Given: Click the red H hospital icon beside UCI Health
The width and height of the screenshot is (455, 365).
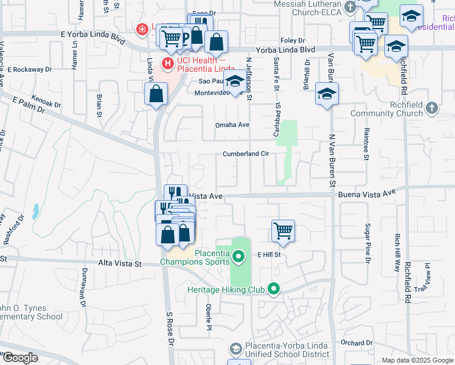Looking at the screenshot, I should click(167, 62).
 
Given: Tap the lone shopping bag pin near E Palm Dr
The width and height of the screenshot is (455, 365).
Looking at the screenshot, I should click(156, 94).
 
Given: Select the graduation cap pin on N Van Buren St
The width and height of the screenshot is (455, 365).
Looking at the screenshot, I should click(327, 94).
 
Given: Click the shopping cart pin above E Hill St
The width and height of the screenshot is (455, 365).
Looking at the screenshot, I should click(283, 231).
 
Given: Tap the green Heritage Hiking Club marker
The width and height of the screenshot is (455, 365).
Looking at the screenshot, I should click(274, 290).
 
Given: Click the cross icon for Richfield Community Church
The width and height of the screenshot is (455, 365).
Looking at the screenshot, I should click(432, 108).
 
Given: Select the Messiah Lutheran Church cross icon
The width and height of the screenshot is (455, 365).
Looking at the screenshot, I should click(350, 7).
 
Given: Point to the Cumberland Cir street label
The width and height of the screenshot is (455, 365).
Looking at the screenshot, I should click(246, 154).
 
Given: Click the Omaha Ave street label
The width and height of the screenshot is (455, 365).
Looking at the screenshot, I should click(232, 125).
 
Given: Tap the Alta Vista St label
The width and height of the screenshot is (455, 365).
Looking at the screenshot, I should click(120, 264).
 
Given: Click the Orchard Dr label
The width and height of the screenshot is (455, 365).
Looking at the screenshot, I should click(352, 342).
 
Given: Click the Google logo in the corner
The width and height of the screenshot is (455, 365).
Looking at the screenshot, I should click(21, 358).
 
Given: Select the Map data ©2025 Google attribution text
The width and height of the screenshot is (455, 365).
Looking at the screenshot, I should click(417, 360).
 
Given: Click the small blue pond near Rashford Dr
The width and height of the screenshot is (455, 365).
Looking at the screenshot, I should click(36, 211).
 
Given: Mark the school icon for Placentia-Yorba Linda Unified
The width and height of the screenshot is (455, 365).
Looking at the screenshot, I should click(236, 349).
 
